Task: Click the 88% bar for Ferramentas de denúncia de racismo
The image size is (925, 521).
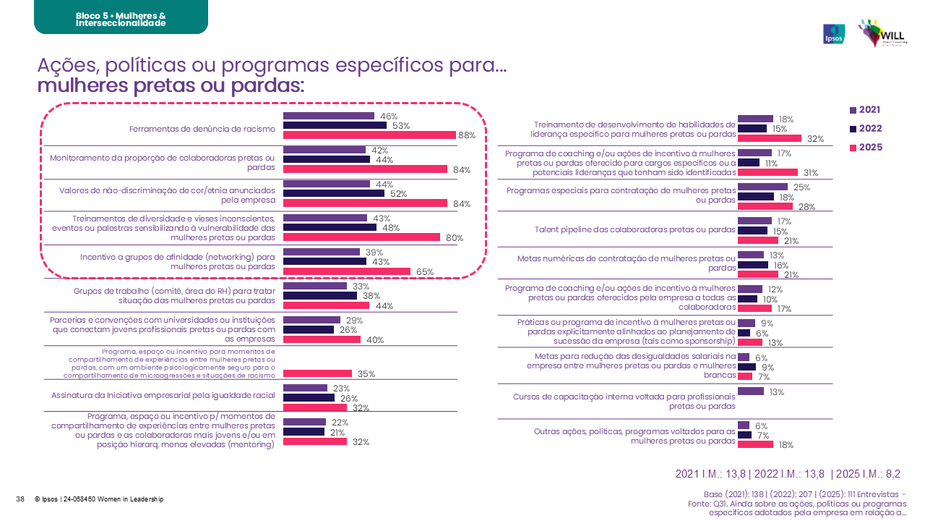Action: click(x=369, y=135)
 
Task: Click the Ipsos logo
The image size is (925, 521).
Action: click(x=833, y=34)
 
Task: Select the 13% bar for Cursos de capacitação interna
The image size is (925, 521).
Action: click(x=750, y=391)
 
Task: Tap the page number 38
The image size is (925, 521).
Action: click(x=20, y=499)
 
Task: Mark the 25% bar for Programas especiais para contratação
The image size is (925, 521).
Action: click(x=762, y=187)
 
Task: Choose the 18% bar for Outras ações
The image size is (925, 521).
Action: click(x=755, y=445)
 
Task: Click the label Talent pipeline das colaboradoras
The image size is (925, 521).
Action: click(x=635, y=230)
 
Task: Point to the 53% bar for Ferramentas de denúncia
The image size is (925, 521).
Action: click(x=335, y=125)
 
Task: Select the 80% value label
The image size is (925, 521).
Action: click(x=453, y=238)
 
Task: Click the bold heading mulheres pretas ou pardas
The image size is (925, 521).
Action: click(x=170, y=86)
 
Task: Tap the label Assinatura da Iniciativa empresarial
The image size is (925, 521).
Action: click(x=163, y=396)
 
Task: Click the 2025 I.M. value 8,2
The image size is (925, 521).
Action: click(x=892, y=474)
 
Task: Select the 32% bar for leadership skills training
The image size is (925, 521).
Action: click(x=769, y=138)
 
